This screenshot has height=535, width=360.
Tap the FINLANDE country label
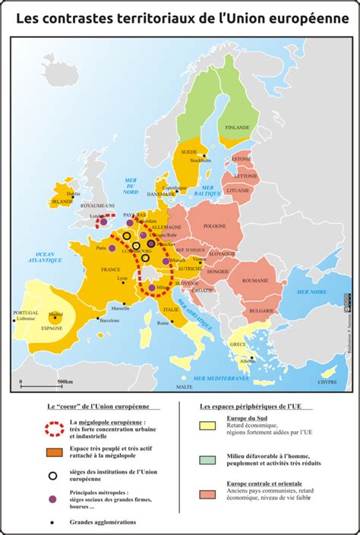click(x=237, y=127)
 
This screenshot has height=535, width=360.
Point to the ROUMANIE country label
click(x=256, y=281)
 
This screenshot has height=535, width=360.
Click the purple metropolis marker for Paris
click(x=112, y=247)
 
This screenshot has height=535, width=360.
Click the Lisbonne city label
click(x=26, y=319)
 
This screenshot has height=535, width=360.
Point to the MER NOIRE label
click(x=311, y=291)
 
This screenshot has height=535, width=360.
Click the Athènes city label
click(x=245, y=360)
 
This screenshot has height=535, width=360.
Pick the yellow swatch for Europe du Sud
click(x=207, y=426)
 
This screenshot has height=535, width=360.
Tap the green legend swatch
click(x=207, y=460)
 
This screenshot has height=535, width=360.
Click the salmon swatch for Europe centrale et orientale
click(x=207, y=494)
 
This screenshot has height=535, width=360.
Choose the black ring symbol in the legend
click(x=53, y=476)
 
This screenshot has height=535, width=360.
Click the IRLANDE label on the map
click(x=62, y=202)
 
